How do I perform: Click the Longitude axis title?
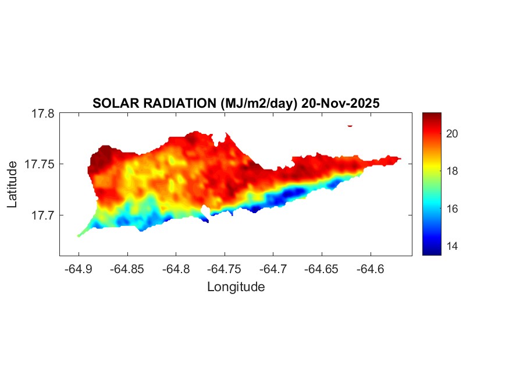(236, 286)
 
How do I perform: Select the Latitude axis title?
(12, 185)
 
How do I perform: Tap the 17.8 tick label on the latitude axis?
(42, 114)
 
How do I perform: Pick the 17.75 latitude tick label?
(40, 164)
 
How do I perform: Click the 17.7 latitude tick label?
(42, 215)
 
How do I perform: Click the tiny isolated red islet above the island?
(350, 125)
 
